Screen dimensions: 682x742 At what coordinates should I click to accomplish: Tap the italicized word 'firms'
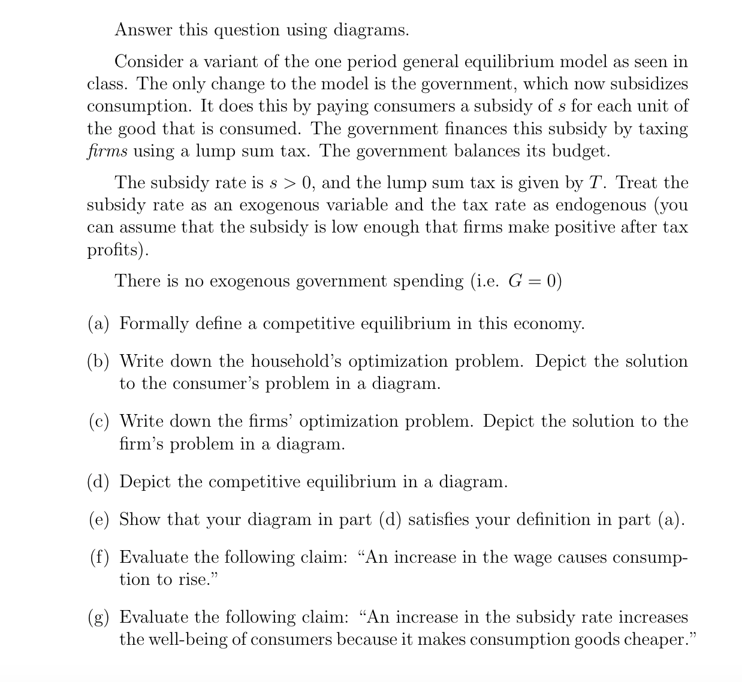(107, 151)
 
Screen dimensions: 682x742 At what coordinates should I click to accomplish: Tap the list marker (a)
(99, 324)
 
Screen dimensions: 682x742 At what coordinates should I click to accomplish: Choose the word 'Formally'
(152, 324)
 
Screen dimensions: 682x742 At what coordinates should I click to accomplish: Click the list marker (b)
(99, 361)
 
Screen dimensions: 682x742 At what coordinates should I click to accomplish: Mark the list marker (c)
(99, 421)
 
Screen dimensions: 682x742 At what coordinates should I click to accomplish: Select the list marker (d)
(99, 482)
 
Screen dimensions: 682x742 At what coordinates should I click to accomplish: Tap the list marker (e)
(99, 519)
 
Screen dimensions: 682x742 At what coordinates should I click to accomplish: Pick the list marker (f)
(99, 557)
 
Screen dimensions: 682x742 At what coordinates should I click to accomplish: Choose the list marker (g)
(99, 617)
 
